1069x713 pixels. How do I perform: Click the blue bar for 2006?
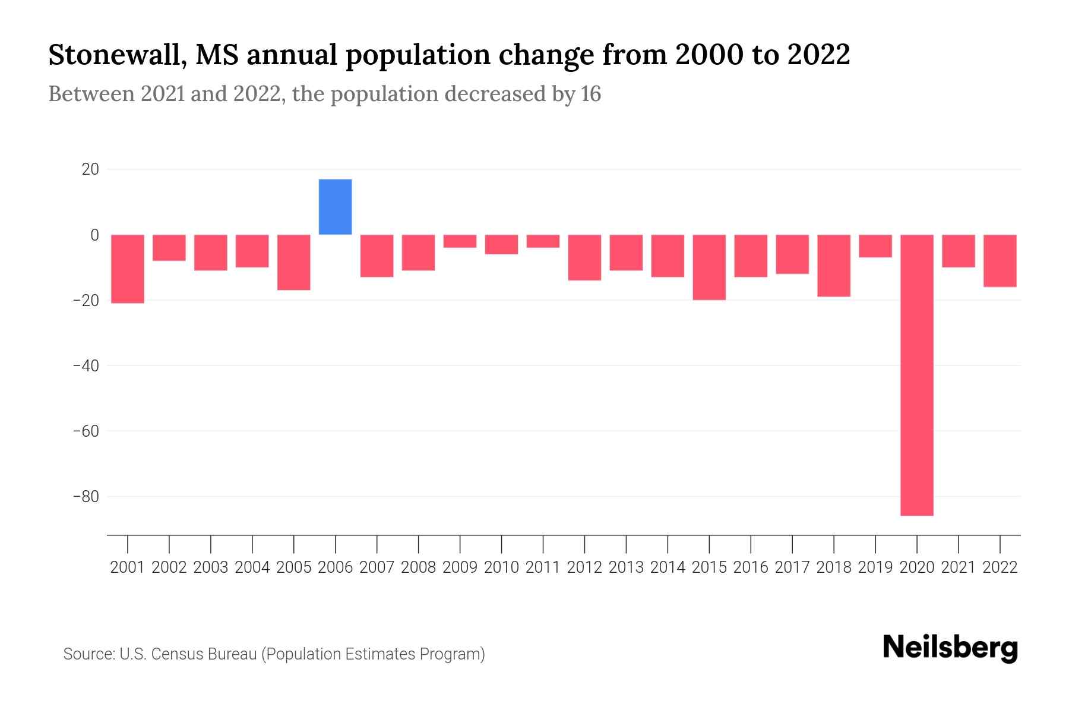[x=335, y=207]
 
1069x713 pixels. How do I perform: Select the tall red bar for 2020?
[x=916, y=375]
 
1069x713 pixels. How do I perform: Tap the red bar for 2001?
[x=128, y=269]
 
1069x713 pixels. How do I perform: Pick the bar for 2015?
[x=709, y=267]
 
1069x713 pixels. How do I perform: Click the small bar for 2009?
[x=460, y=241]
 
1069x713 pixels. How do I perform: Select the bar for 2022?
[x=1000, y=260]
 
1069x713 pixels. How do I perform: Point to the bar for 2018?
[x=833, y=265]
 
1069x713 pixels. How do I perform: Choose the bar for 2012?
[x=584, y=257]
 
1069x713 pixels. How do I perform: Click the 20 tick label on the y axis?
[x=90, y=170]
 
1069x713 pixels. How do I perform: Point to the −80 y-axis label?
[x=86, y=496]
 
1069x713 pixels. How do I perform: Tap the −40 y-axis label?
[x=86, y=365]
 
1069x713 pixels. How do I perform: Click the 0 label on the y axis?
[x=94, y=235]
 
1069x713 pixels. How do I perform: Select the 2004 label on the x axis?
[x=252, y=567]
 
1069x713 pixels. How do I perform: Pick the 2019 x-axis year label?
[x=875, y=567]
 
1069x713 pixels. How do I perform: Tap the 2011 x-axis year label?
[x=543, y=567]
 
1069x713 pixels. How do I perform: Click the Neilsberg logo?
[x=950, y=648]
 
